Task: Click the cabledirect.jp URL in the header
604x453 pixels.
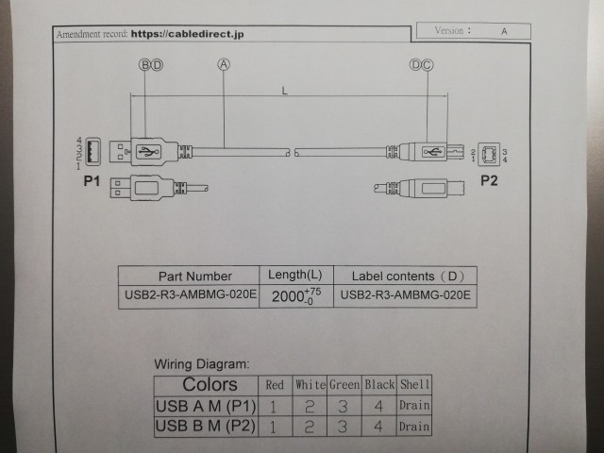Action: [187, 34]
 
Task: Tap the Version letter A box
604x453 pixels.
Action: [474, 31]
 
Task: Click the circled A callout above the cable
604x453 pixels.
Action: [224, 65]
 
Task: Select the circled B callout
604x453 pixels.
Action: [144, 65]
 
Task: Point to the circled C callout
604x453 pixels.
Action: [428, 65]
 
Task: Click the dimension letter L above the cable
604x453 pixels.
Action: [285, 91]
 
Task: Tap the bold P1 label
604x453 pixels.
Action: [92, 180]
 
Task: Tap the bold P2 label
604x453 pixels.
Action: [489, 180]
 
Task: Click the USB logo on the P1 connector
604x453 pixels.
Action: [148, 152]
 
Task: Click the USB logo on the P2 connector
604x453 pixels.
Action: [433, 152]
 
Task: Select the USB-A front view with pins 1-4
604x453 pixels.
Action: [92, 152]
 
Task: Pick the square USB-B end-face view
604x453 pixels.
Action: [489, 154]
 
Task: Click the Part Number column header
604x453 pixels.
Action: [195, 277]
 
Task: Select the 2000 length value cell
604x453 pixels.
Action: [296, 296]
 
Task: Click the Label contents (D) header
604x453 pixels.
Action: [408, 277]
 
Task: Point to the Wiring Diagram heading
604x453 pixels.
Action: [202, 364]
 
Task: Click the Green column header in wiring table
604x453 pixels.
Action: [344, 384]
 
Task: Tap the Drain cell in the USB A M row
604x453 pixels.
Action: [414, 405]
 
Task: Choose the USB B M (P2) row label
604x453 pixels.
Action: [206, 426]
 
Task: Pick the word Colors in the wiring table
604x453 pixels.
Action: [210, 384]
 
